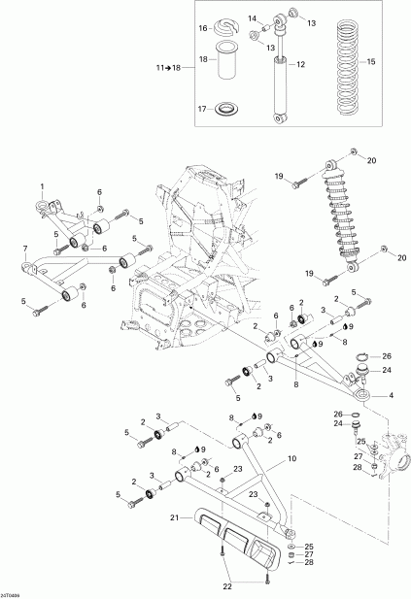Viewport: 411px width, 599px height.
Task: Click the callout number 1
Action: (43, 185)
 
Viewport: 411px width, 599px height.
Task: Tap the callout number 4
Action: (391, 394)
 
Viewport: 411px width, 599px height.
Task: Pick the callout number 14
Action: (250, 18)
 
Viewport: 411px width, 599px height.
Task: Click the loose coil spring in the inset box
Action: (345, 63)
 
